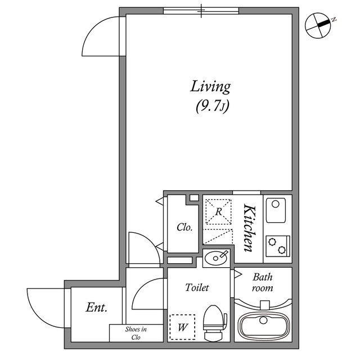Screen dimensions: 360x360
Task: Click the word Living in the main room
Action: click(x=210, y=87)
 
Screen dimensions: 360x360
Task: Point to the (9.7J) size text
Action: click(x=211, y=105)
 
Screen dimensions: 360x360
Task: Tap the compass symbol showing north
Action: click(x=318, y=25)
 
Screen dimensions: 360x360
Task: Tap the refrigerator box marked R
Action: click(x=218, y=211)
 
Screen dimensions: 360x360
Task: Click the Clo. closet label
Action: click(x=184, y=228)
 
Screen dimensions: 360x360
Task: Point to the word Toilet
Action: click(x=197, y=287)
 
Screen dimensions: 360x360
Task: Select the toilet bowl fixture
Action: click(x=214, y=323)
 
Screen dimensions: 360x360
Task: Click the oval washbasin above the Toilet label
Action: click(x=217, y=258)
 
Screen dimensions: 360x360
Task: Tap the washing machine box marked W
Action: click(x=182, y=327)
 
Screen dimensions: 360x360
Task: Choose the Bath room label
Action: click(x=262, y=282)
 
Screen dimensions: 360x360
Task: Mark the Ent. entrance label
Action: click(x=96, y=308)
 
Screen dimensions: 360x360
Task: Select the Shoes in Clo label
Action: click(x=136, y=333)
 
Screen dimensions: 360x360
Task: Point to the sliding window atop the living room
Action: click(x=201, y=11)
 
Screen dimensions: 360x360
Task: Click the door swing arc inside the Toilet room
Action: click(x=148, y=294)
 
